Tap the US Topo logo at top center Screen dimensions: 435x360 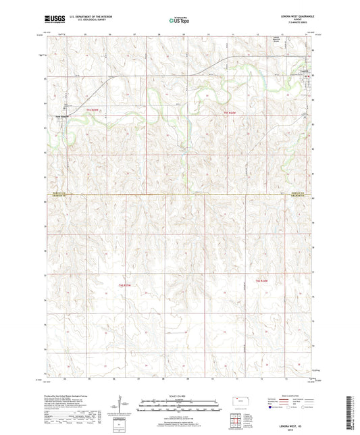[x=179, y=20]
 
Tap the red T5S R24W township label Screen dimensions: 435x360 [x=230, y=112]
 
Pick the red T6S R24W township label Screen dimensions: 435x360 [x=262, y=280]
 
